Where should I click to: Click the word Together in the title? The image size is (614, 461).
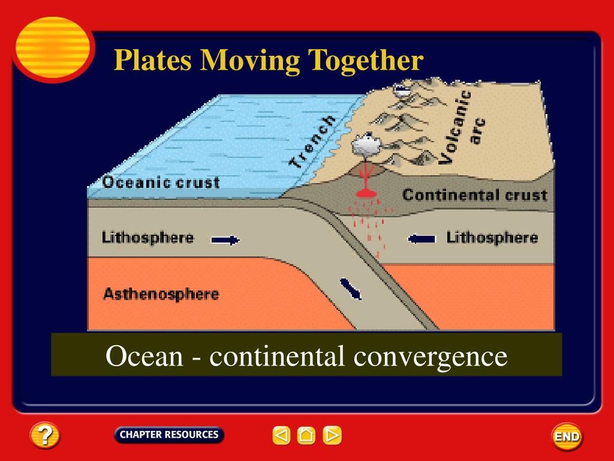pyautogui.click(x=366, y=60)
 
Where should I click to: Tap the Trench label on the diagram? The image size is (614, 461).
pyautogui.click(x=312, y=142)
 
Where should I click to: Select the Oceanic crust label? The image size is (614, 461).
pyautogui.click(x=161, y=182)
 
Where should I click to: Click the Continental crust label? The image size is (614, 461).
pyautogui.click(x=474, y=195)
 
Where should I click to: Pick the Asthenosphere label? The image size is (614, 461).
pyautogui.click(x=161, y=294)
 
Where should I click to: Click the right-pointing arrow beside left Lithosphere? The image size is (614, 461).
pyautogui.click(x=225, y=240)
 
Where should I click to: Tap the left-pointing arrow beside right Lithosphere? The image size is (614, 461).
pyautogui.click(x=422, y=239)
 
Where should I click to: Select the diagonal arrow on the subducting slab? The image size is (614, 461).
pyautogui.click(x=352, y=289)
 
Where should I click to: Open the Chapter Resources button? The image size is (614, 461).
pyautogui.click(x=168, y=435)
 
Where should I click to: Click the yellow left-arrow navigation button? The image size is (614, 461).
pyautogui.click(x=281, y=435)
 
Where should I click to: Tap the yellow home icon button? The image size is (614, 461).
pyautogui.click(x=306, y=435)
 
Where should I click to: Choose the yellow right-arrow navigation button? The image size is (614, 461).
pyautogui.click(x=332, y=435)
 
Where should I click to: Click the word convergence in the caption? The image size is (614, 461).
pyautogui.click(x=430, y=356)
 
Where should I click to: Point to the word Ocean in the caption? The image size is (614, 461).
pyautogui.click(x=144, y=356)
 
